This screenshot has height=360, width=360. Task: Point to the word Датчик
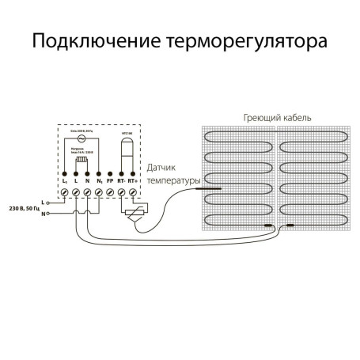[163, 168]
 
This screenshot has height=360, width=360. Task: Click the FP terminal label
[109, 181]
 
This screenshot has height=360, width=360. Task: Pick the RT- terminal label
[121, 181]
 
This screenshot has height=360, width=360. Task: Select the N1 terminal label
[98, 181]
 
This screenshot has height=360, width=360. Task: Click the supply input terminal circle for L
[45, 203]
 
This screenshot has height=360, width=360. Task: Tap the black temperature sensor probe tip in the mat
[217, 190]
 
